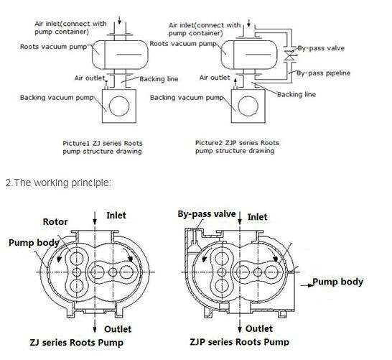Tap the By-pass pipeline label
325,73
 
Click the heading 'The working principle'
58,183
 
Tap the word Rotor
55,222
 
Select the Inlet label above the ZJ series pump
116,215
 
